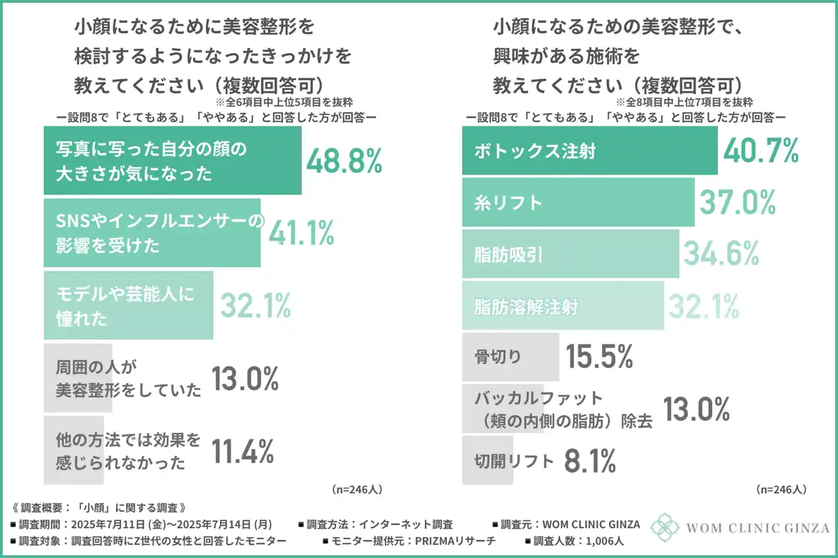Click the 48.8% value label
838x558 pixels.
(x=344, y=162)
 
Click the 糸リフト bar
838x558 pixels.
(x=578, y=202)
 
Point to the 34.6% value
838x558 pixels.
(x=721, y=254)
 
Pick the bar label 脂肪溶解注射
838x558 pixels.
(x=526, y=306)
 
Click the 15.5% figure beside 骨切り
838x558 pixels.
(x=599, y=357)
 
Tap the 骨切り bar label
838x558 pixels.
(x=497, y=357)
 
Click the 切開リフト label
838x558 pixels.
(x=514, y=460)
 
